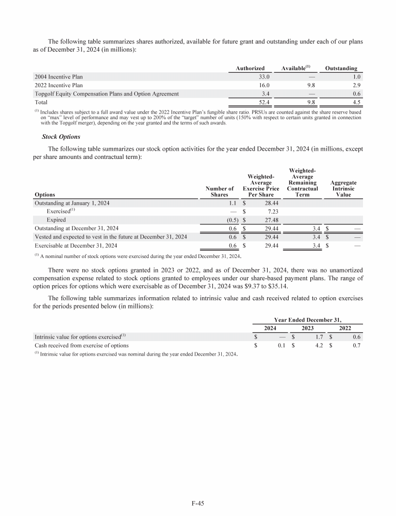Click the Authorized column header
(250, 68)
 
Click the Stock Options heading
(60, 138)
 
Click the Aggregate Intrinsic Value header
(343, 188)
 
